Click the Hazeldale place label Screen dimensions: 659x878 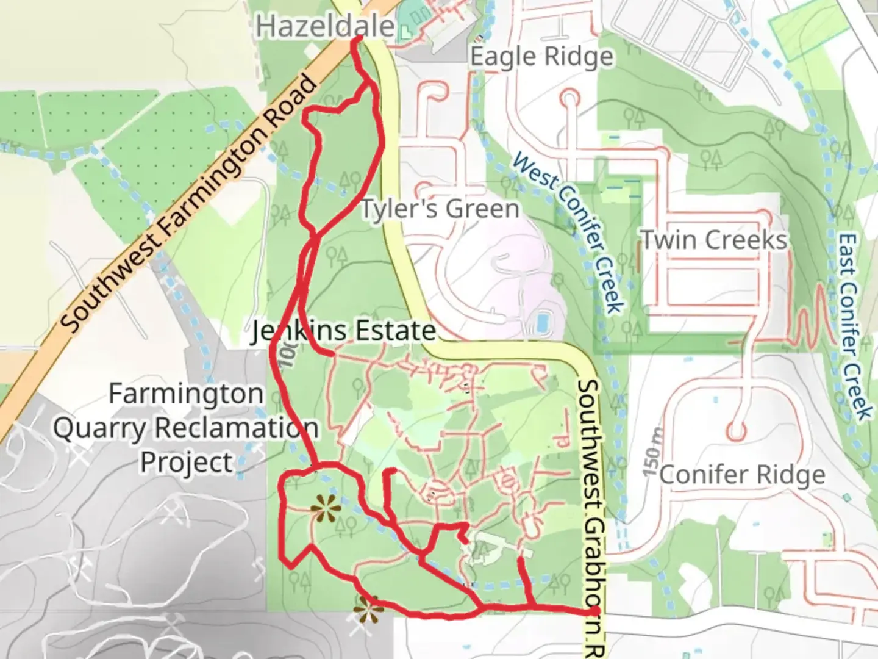point(325,27)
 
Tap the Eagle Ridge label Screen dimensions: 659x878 point(542,57)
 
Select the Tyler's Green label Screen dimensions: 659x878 point(440,209)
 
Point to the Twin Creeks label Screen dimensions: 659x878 point(714,240)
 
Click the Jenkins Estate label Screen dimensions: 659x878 point(344,331)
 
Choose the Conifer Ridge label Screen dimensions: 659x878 point(742,474)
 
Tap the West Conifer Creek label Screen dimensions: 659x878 point(569,232)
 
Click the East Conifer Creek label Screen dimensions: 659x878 point(855,326)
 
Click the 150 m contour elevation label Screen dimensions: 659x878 point(652,452)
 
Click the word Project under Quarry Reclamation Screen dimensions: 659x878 point(187,462)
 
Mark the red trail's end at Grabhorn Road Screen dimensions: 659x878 point(593,611)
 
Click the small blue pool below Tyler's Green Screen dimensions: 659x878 point(540,322)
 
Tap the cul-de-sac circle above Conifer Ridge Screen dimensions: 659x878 point(737,431)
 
